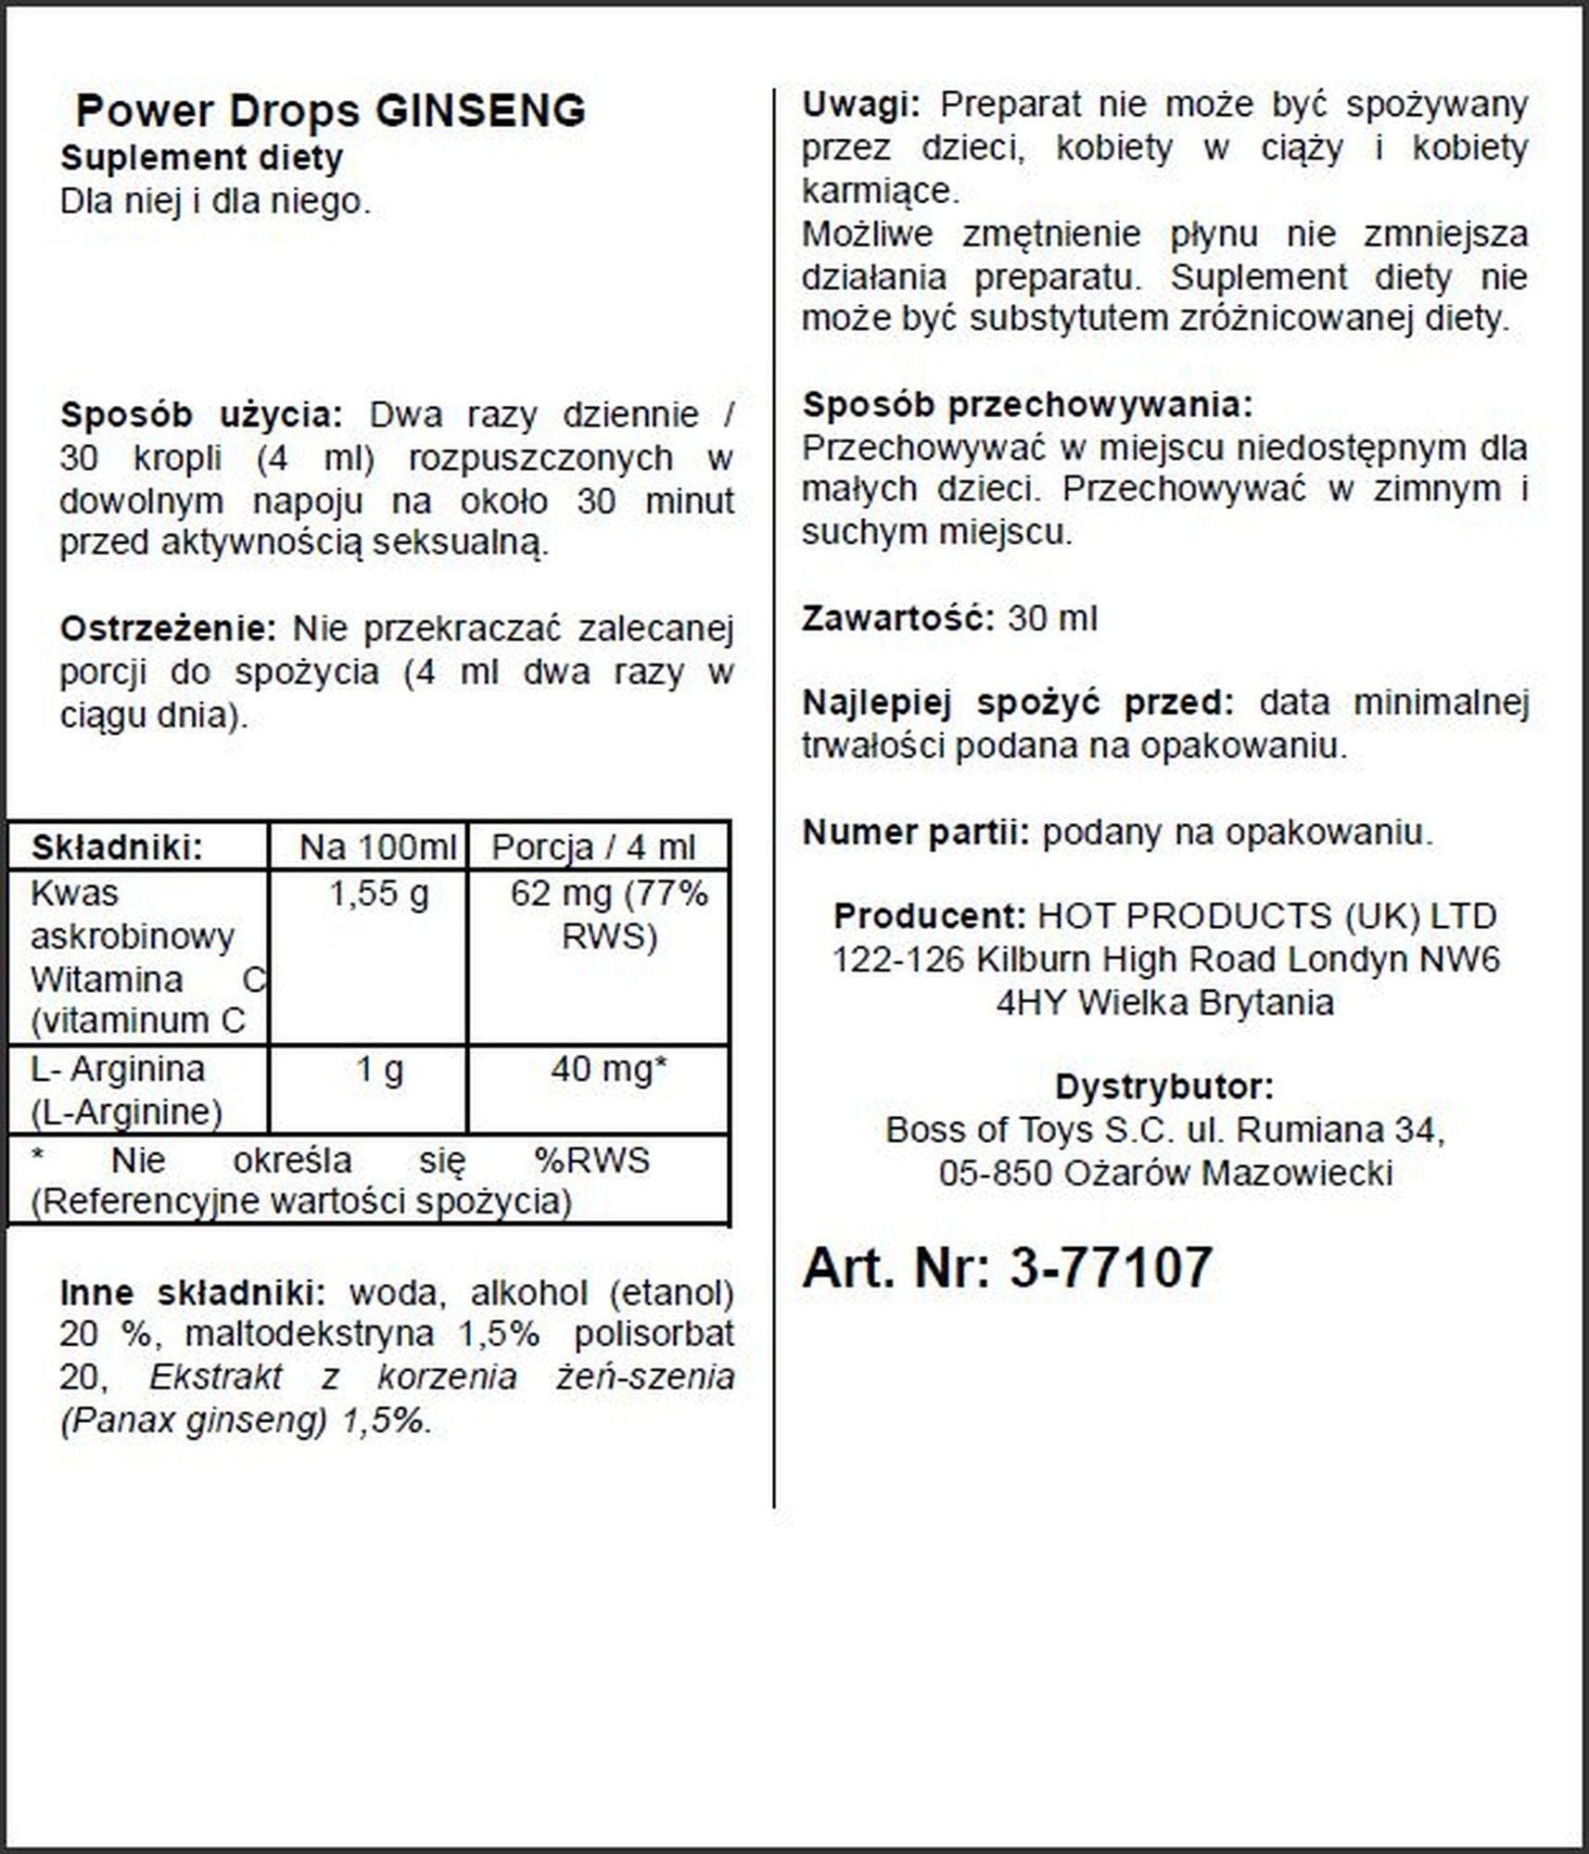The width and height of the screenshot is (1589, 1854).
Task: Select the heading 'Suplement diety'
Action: pyautogui.click(x=202, y=159)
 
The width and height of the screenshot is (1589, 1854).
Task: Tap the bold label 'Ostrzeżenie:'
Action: pyautogui.click(x=168, y=629)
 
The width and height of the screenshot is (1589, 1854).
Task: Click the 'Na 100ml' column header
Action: pyautogui.click(x=378, y=847)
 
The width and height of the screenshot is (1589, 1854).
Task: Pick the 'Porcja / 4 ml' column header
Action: pyautogui.click(x=593, y=847)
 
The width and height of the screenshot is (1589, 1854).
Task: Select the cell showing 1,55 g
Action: pyautogui.click(x=379, y=895)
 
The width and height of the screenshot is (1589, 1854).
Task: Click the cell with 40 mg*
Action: pyautogui.click(x=608, y=1070)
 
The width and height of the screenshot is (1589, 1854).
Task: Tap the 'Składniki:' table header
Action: pyautogui.click(x=117, y=847)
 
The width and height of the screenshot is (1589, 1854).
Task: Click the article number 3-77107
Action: pyautogui.click(x=1111, y=1267)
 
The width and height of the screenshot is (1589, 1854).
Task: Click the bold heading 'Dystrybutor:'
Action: pyautogui.click(x=1164, y=1087)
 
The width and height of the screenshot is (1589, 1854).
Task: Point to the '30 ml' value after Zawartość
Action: pyautogui.click(x=1052, y=619)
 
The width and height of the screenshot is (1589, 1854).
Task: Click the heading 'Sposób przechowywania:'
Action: pyautogui.click(x=1027, y=405)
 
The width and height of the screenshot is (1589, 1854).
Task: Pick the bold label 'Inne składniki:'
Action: pyautogui.click(x=193, y=1293)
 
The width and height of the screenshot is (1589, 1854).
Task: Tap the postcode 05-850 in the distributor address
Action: pyautogui.click(x=996, y=1174)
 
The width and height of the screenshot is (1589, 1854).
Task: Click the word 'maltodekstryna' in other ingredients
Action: pyautogui.click(x=310, y=1335)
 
